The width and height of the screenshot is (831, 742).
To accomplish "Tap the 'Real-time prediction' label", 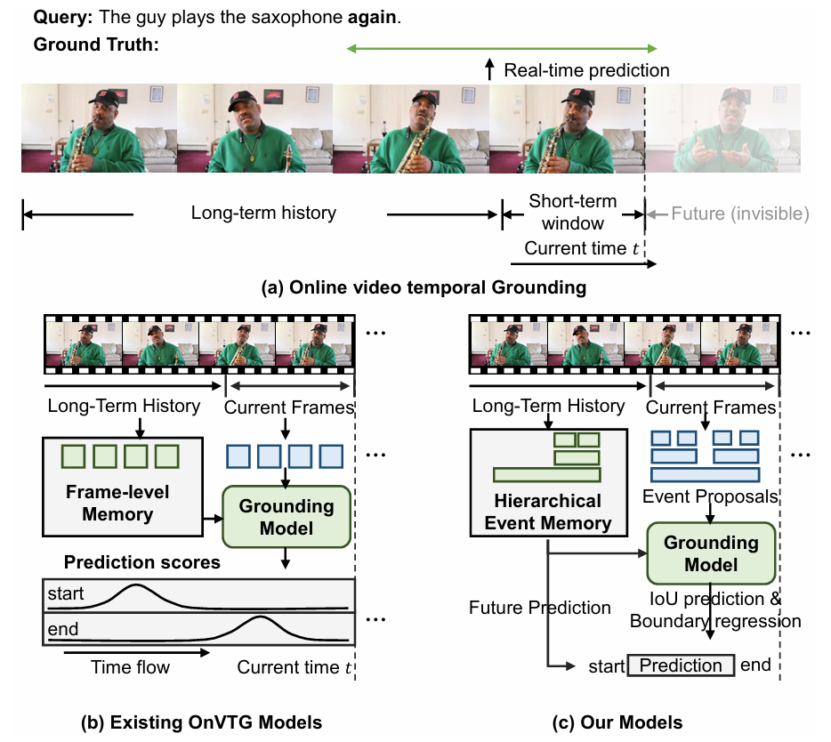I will tap(586, 69).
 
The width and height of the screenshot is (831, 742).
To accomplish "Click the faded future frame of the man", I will tap(723, 129).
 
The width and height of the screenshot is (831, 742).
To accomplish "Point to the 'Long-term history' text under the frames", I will tap(263, 213).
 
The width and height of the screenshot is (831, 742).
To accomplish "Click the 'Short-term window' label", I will tap(573, 213).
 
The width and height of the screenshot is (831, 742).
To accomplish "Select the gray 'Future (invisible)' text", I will tap(738, 214).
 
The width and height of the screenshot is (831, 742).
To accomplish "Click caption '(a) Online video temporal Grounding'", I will tap(423, 287).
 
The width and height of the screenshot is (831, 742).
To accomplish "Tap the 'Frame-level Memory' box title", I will tap(117, 503).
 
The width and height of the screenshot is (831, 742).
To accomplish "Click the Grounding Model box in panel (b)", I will tap(286, 516).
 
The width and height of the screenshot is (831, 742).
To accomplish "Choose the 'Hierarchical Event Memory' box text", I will tap(547, 512).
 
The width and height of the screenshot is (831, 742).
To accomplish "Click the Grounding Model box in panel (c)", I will tap(712, 552).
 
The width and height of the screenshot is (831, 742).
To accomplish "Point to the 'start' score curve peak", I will tap(135, 587).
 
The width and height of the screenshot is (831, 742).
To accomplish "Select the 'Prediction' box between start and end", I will tap(681, 665).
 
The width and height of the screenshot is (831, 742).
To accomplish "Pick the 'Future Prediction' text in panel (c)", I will tap(540, 608).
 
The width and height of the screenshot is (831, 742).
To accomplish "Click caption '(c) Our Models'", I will tap(622, 722).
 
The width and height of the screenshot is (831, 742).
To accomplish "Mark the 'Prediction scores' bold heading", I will tap(141, 562).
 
